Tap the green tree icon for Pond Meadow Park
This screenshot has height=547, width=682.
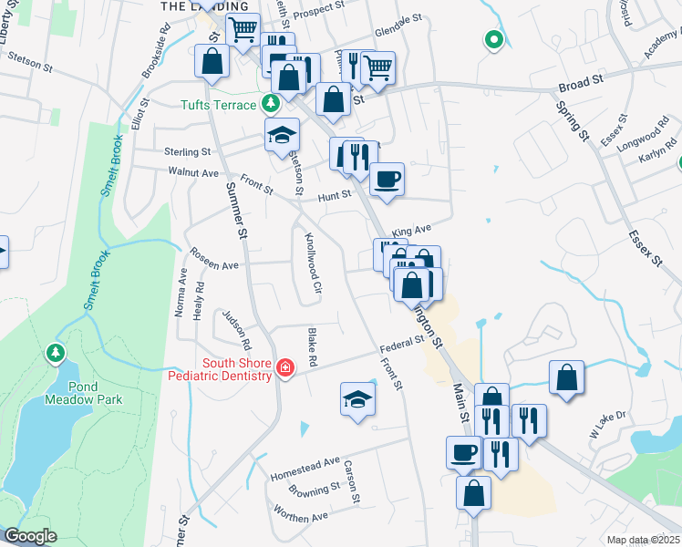tap(56, 352)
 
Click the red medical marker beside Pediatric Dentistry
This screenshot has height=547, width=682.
tap(285, 367)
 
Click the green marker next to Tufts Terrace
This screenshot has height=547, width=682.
tap(270, 102)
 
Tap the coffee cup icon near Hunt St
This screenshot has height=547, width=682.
tap(387, 178)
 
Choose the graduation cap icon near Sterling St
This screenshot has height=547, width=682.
tap(283, 135)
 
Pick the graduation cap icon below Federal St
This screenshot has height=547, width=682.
tap(357, 397)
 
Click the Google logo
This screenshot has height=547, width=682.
tap(29, 536)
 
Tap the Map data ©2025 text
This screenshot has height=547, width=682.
tap(643, 541)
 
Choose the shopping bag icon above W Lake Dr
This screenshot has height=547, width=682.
tap(566, 377)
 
